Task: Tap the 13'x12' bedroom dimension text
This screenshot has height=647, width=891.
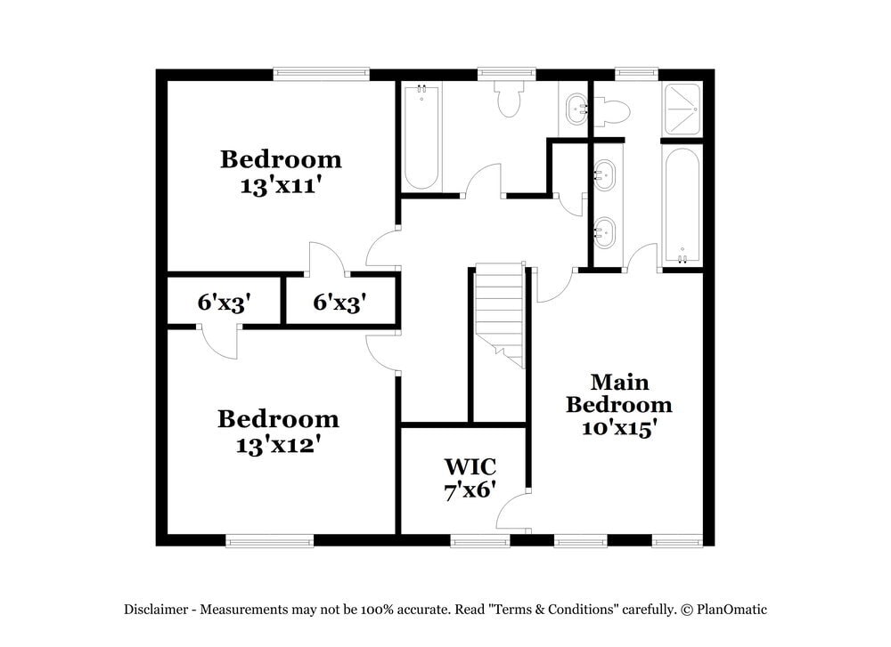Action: point(277,444)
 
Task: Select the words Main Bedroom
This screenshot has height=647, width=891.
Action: point(619,393)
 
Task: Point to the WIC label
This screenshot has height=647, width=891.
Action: point(470,465)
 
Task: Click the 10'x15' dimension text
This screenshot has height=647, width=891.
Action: point(619,428)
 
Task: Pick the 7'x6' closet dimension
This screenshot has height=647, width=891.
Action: point(470,490)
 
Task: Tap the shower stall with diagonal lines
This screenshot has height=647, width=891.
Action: point(683,109)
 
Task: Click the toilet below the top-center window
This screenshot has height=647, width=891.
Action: point(509,100)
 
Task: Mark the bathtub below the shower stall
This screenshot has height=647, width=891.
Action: point(683,205)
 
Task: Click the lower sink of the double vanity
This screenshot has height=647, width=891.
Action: point(605,233)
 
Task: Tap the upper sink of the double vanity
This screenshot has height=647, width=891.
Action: point(605,174)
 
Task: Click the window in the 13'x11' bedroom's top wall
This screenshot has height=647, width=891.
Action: point(321,74)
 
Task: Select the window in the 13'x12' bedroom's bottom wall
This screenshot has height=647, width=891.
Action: point(269,539)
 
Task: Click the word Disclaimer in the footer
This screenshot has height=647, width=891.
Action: point(156,610)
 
